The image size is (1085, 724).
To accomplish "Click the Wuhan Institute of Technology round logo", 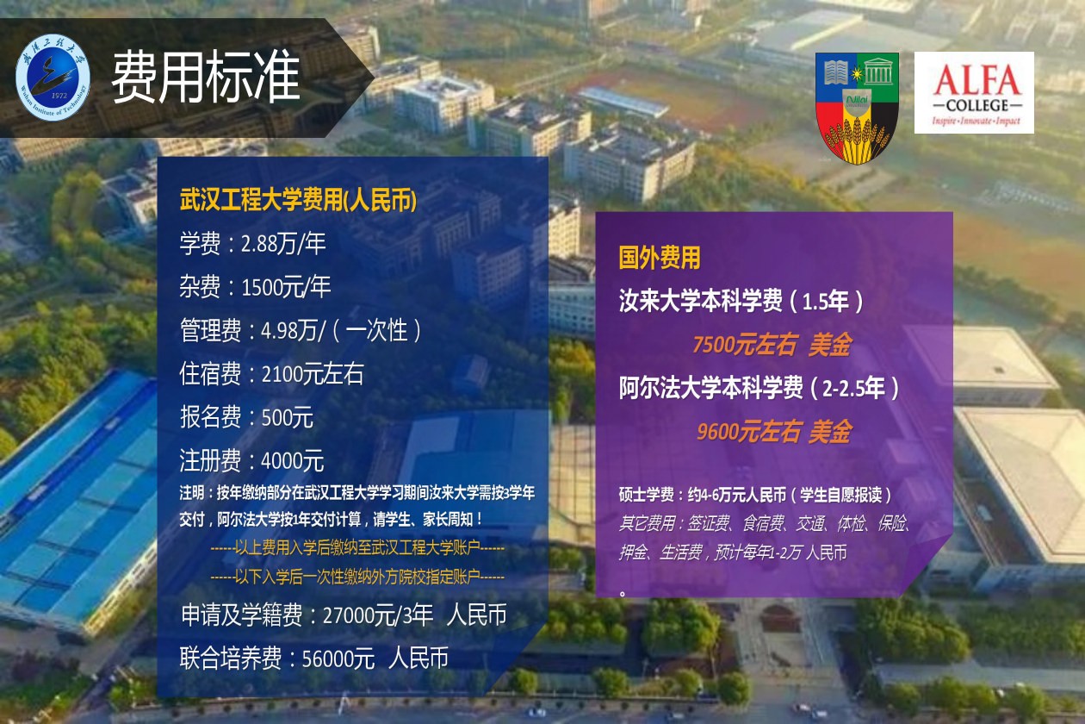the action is point(53,78).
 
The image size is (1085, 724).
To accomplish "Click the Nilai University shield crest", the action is point(857,108).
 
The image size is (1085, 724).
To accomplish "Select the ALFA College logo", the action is point(974,92).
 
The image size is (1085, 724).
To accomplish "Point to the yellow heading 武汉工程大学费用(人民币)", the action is point(298,200).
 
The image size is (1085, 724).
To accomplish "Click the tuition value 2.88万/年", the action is point(283,243).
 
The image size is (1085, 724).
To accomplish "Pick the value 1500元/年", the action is point(286,287).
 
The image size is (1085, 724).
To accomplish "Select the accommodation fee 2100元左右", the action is point(313,374).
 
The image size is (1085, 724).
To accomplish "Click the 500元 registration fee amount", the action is point(288,417).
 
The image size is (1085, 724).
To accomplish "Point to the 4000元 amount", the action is point(293,460).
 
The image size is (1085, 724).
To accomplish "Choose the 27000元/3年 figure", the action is point(378,615).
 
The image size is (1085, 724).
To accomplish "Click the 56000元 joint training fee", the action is point(338,658).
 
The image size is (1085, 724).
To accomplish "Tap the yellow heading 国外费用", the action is point(660,257).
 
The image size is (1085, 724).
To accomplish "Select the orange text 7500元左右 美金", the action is point(772,345).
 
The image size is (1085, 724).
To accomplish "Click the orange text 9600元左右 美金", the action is point(774,431).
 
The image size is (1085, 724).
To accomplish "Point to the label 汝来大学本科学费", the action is point(700,301).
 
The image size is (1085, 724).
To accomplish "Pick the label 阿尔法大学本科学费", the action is point(710,388).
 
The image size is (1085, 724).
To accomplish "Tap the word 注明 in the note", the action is point(192,493).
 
